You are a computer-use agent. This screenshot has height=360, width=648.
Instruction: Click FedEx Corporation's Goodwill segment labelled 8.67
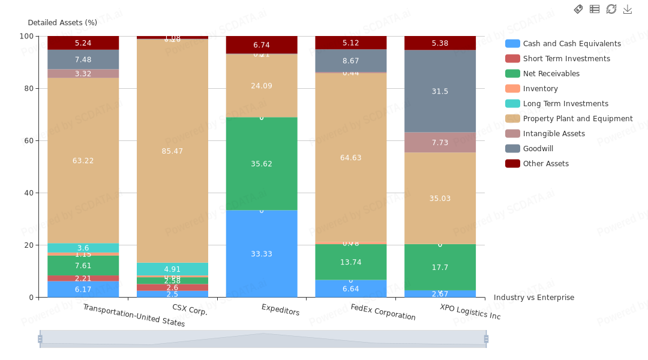pyautogui.click(x=351, y=61)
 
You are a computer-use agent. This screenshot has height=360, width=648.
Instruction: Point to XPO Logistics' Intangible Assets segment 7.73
pyautogui.click(x=440, y=142)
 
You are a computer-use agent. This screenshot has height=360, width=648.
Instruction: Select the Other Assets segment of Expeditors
pyautogui.click(x=262, y=45)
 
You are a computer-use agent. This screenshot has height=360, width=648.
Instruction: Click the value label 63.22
pyautogui.click(x=83, y=161)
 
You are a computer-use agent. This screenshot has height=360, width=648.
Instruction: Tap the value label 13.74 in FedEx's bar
pyautogui.click(x=351, y=262)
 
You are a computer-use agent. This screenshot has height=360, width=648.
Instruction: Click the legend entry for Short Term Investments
pyautogui.click(x=566, y=59)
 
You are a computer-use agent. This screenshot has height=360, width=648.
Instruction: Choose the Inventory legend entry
pyautogui.click(x=540, y=89)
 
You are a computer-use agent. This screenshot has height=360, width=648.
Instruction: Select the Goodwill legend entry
pyautogui.click(x=538, y=149)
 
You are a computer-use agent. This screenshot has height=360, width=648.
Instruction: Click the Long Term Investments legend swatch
pyautogui.click(x=512, y=104)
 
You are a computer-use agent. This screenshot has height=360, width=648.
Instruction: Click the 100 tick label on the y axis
pyautogui.click(x=26, y=36)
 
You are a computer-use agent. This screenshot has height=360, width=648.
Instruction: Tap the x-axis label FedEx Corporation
pyautogui.click(x=383, y=312)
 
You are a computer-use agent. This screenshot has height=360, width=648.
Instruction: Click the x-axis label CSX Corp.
pyautogui.click(x=190, y=310)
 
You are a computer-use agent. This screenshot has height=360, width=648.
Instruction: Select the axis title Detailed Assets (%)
pyautogui.click(x=62, y=23)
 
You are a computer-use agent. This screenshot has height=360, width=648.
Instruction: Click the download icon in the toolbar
pyautogui.click(x=628, y=9)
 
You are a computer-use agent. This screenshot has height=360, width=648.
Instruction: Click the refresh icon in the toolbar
pyautogui.click(x=611, y=9)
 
